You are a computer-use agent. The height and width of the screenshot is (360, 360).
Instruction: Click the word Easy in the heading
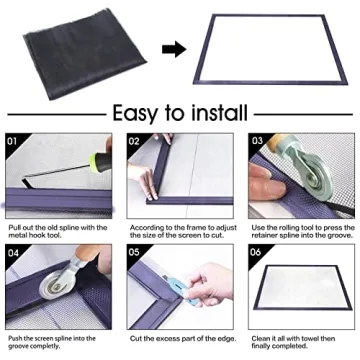click(x=142, y=112)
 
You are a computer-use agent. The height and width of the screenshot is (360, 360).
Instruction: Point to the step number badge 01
click(x=13, y=140)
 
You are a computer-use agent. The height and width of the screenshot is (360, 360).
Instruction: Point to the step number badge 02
click(x=135, y=140)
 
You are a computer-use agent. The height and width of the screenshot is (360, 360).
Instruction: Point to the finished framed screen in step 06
click(x=299, y=289)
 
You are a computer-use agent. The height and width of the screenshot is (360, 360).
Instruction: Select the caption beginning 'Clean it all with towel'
click(x=299, y=344)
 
